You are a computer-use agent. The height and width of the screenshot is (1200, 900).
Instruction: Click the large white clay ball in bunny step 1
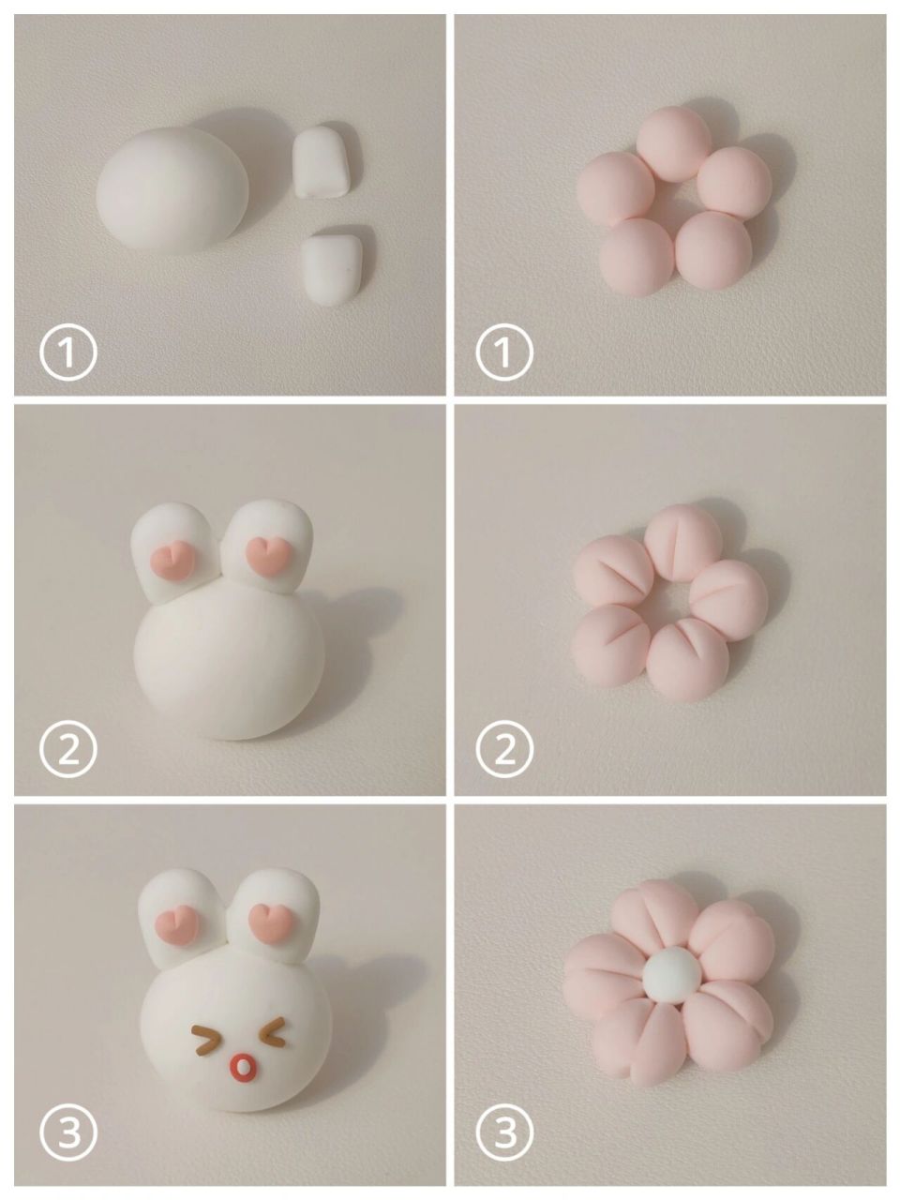pyautogui.click(x=172, y=189)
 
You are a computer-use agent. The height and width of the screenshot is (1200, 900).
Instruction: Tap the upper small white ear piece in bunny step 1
pyautogui.click(x=322, y=162)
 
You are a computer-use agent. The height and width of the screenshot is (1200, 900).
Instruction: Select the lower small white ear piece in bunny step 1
pyautogui.click(x=332, y=269)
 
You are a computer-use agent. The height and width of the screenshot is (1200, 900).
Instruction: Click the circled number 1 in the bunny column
pyautogui.click(x=67, y=352)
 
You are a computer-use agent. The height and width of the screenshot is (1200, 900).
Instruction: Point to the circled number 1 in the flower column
pyautogui.click(x=503, y=352)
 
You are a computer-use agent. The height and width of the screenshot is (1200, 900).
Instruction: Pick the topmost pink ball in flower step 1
pyautogui.click(x=674, y=143)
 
